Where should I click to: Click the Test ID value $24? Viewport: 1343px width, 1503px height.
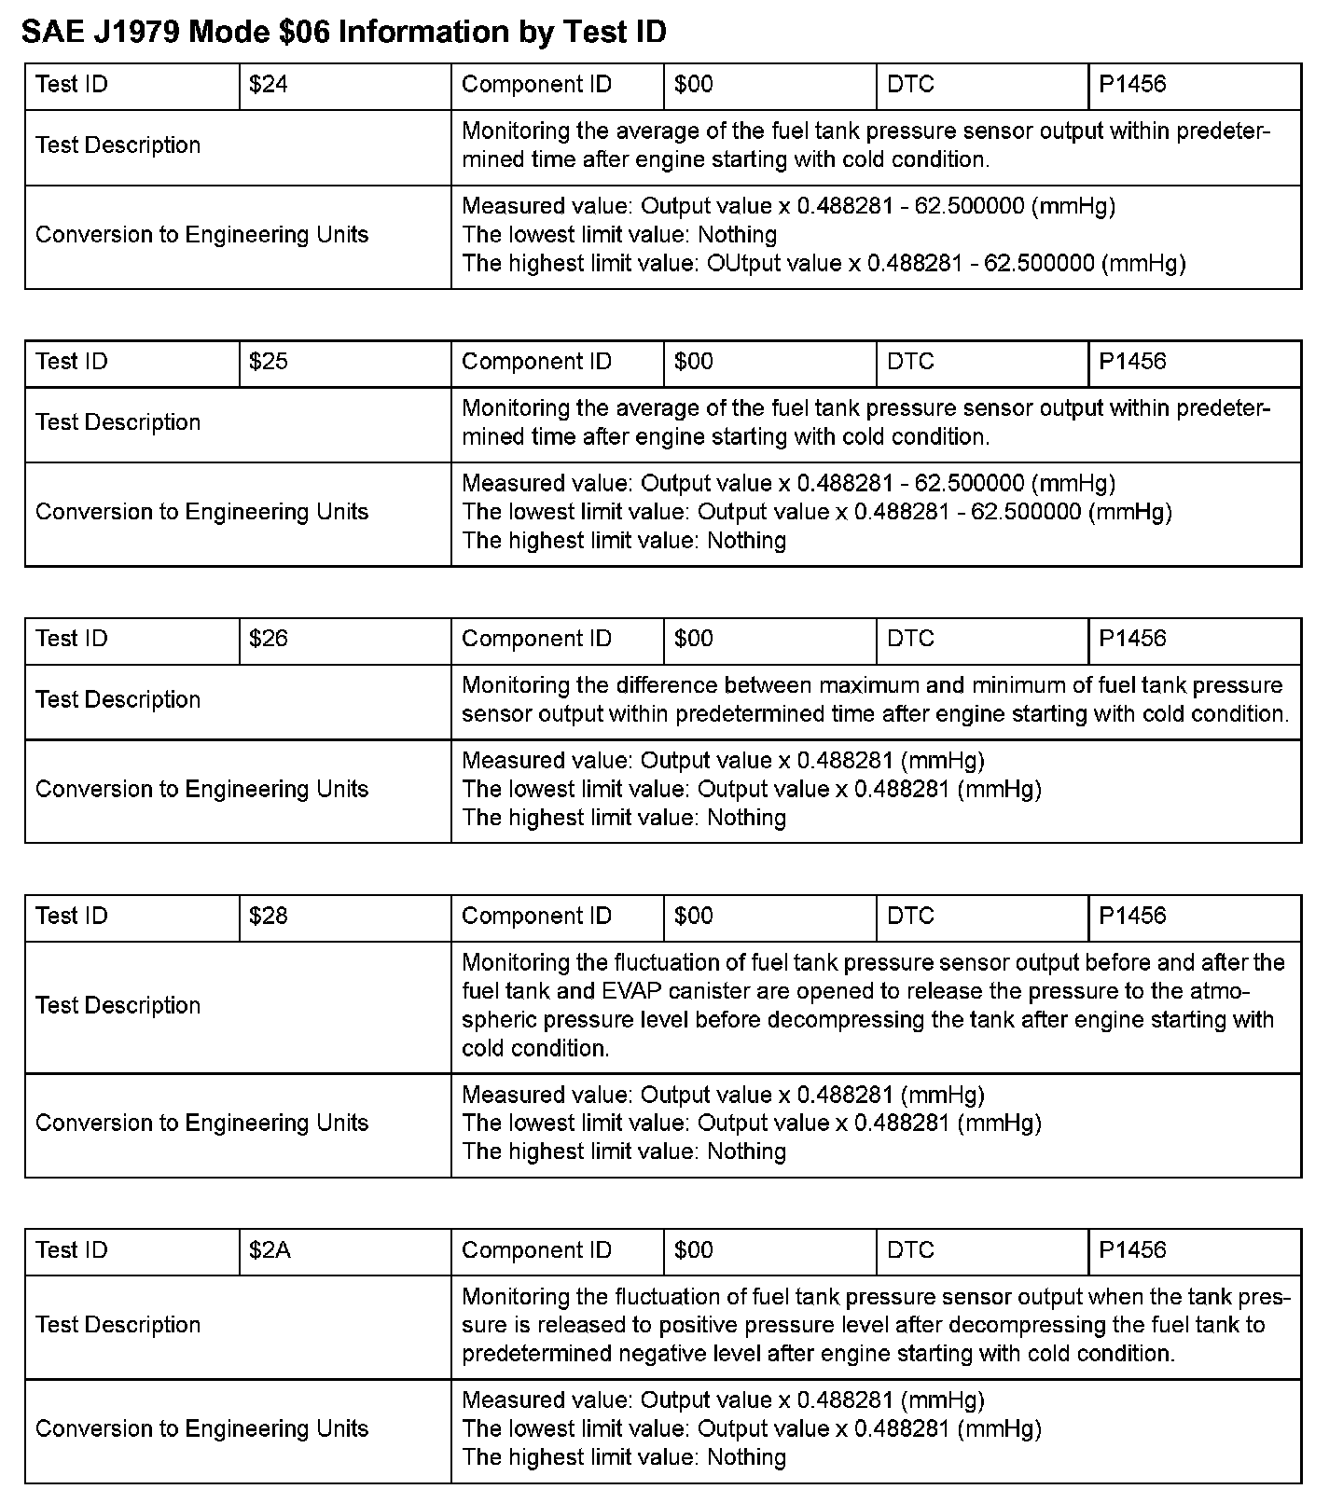pyautogui.click(x=269, y=85)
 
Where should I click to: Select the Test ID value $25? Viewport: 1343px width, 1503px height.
pyautogui.click(x=269, y=362)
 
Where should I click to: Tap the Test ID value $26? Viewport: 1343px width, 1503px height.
pyautogui.click(x=269, y=639)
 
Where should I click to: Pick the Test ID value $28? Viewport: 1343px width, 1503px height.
pyautogui.click(x=269, y=916)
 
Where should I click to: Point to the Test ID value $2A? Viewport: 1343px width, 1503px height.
pyautogui.click(x=270, y=1250)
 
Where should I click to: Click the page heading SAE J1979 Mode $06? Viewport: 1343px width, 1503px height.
pyautogui.click(x=343, y=33)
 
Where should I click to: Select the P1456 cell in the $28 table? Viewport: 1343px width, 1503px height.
pyautogui.click(x=1132, y=916)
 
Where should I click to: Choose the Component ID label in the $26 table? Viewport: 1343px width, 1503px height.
pyautogui.click(x=536, y=639)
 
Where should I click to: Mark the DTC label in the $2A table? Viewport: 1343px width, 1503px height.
pyautogui.click(x=910, y=1250)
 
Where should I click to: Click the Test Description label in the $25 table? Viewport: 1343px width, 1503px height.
pyautogui.click(x=118, y=422)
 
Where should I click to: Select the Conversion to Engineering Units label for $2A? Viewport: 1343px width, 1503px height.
pyautogui.click(x=201, y=1428)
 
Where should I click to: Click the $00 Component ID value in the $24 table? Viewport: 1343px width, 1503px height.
pyautogui.click(x=694, y=85)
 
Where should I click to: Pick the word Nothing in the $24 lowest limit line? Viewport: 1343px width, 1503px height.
pyautogui.click(x=737, y=235)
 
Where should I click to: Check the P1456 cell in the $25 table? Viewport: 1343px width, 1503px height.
pyautogui.click(x=1132, y=362)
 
